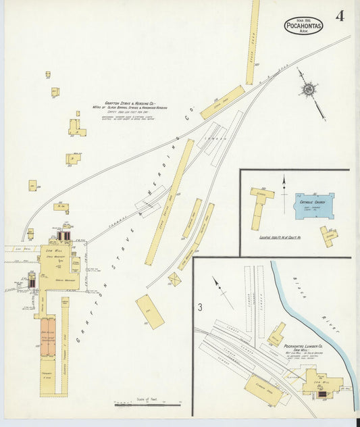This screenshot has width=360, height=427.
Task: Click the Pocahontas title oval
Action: click(303, 25)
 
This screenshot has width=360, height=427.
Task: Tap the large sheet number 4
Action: click(338, 16)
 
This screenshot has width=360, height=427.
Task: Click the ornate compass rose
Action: click(309, 89)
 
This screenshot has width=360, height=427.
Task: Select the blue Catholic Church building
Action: click(313, 205)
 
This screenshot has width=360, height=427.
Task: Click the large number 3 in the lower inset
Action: click(200, 307)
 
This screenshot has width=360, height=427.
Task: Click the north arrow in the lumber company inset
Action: click(219, 285)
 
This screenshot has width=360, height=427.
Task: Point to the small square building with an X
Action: click(174, 279)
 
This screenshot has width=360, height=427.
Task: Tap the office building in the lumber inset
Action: click(276, 334)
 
